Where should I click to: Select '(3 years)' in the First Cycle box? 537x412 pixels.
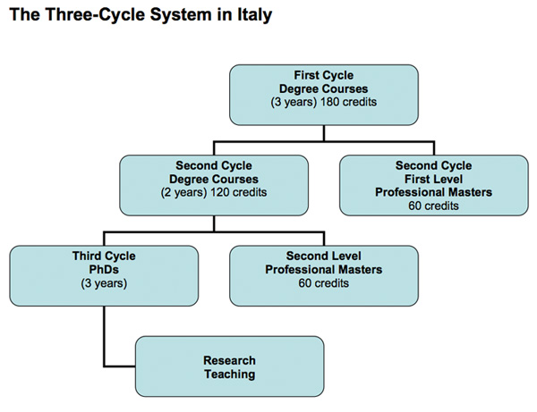click(x=296, y=103)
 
